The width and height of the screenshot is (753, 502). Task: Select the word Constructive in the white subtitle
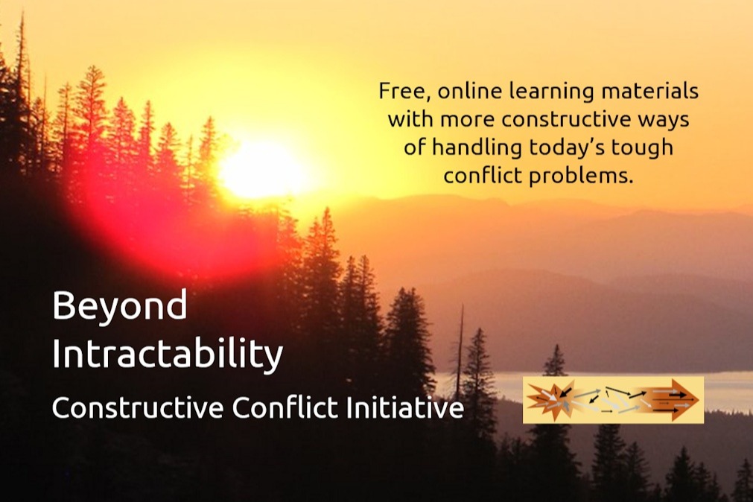pyautogui.click(x=138, y=408)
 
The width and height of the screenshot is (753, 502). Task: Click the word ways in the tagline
pyautogui.click(x=664, y=120)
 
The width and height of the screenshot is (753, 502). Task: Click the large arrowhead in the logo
pyautogui.click(x=684, y=400)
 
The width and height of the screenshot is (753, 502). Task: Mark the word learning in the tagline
pyautogui.click(x=551, y=91)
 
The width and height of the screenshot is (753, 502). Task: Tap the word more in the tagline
pyautogui.click(x=468, y=120)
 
